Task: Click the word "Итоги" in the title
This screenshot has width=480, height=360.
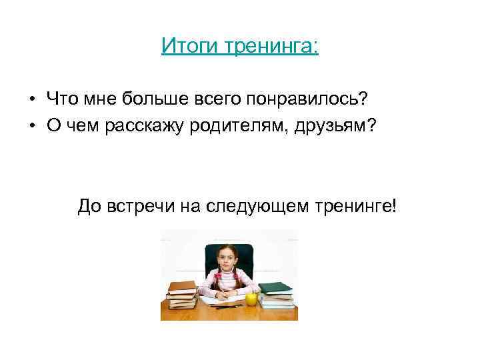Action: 181,47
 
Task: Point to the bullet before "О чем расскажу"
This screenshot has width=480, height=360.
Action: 32,125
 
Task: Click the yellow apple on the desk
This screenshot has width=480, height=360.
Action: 251,298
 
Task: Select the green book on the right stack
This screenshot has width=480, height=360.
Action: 275,288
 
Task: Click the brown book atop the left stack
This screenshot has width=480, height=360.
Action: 182,287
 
